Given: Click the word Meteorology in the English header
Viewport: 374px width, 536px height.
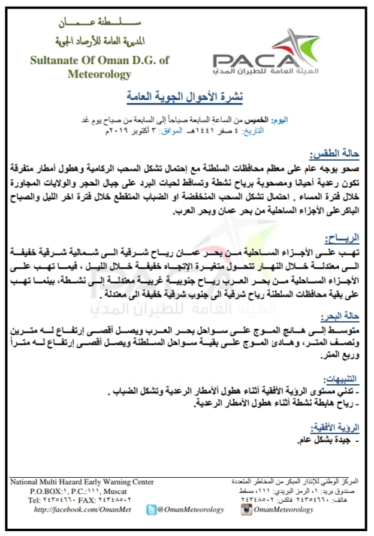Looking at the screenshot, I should coord(99,75).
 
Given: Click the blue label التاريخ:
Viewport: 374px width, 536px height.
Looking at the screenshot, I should coord(295,129).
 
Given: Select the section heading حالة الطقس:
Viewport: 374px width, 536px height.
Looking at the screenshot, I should coord(336,153).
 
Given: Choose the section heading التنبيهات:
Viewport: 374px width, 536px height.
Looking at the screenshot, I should coord(340,380).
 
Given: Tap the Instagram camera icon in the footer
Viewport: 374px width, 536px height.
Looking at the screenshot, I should coord(245,510).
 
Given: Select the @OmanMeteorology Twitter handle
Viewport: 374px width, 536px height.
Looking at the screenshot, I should coord(191,510).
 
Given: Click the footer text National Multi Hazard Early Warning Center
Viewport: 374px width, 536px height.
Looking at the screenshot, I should coord(83,482).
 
